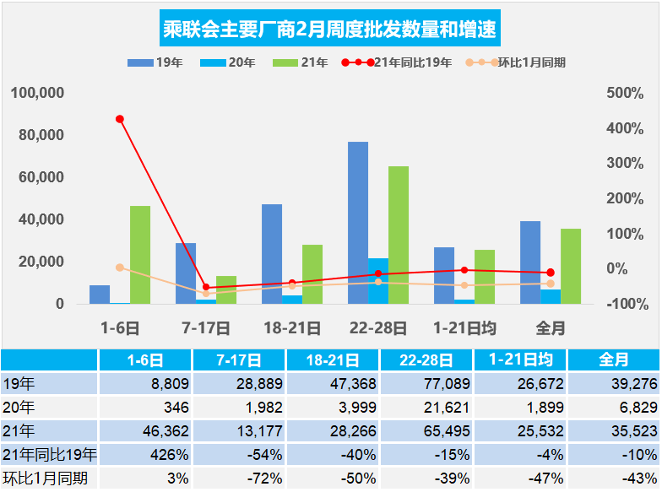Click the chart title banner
[330, 30]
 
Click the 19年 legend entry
[152, 62]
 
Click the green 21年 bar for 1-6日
[140, 254]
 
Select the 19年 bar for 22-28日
[358, 222]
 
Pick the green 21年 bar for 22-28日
[399, 235]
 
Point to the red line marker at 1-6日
[120, 119]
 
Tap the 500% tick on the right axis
[625, 93]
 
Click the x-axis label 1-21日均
[464, 327]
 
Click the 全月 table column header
[614, 360]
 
